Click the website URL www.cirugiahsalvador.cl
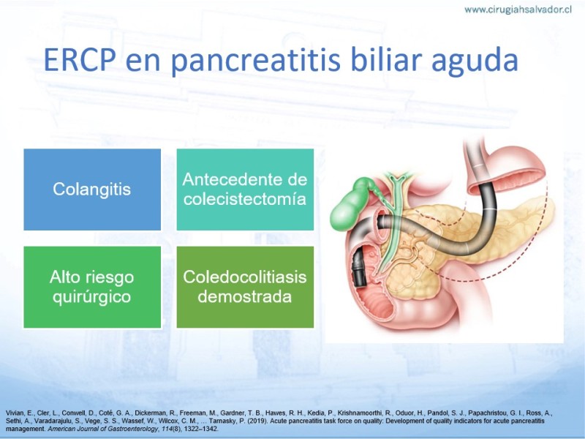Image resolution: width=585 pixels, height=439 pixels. click(x=518, y=10)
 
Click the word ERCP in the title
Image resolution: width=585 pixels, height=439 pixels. click(x=79, y=59)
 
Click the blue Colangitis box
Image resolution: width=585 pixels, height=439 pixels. click(x=92, y=190)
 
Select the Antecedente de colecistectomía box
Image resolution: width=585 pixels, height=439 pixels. click(x=245, y=190)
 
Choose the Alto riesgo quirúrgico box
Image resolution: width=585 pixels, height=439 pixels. click(x=92, y=287)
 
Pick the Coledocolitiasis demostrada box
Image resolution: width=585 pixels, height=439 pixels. click(x=245, y=287)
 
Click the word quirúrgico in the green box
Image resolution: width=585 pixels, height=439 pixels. click(x=92, y=298)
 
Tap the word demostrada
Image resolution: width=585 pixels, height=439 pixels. click(x=245, y=297)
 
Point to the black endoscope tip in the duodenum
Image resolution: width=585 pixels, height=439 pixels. click(x=359, y=268)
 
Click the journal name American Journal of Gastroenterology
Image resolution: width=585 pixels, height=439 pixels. click(x=102, y=429)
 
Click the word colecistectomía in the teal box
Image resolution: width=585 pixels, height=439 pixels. click(x=245, y=199)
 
